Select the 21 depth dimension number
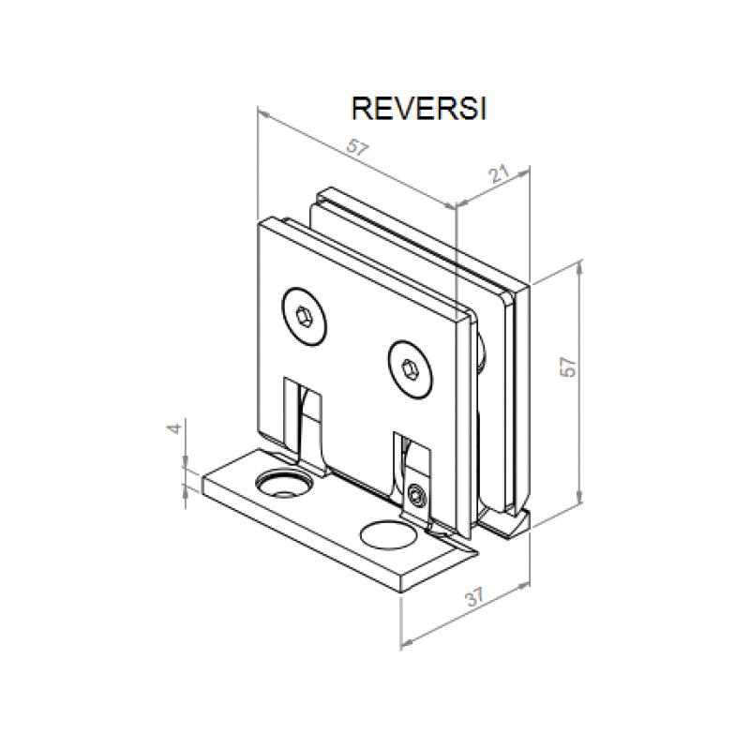pos(499,173)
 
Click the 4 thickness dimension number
pos(172,429)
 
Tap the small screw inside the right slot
pos(417,493)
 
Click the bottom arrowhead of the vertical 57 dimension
pos(582,498)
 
